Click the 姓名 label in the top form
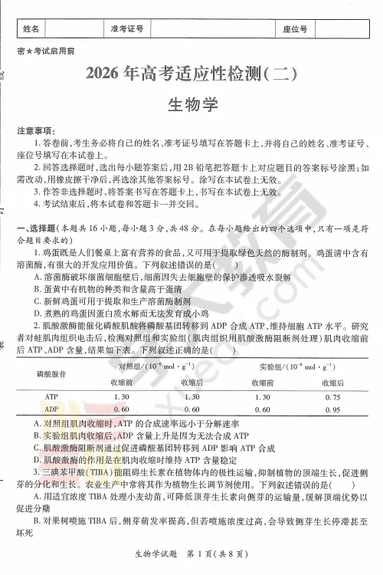(x=31, y=29)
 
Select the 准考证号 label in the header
(x=127, y=29)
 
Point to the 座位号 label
(x=295, y=29)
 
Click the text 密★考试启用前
(x=45, y=51)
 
